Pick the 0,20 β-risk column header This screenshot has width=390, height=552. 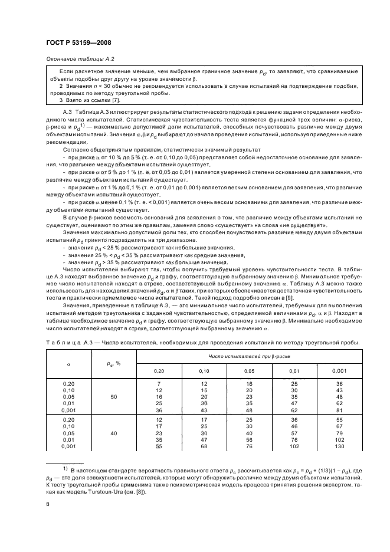pyautogui.click(x=159, y=355)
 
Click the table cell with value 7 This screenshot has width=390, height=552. pyautogui.click(x=159, y=368)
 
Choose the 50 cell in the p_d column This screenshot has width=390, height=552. pyautogui.click(x=113, y=381)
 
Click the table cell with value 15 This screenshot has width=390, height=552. pyautogui.click(x=201, y=374)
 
